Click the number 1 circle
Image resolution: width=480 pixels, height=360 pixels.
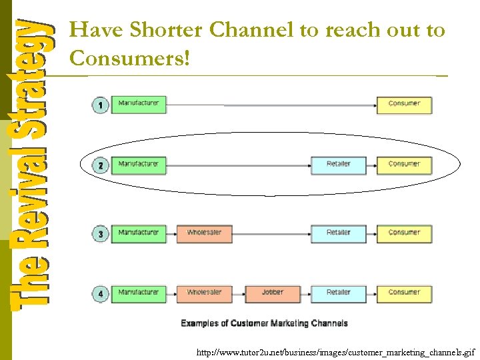[x=101, y=105]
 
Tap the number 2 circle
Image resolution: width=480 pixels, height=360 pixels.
[x=101, y=165]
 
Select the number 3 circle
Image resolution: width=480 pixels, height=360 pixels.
[x=101, y=234]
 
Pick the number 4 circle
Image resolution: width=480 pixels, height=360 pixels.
[x=101, y=293]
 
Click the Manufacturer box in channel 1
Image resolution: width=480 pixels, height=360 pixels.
[x=139, y=104]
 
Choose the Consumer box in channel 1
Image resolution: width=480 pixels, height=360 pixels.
[x=404, y=105]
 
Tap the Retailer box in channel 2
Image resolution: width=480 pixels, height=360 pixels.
[x=339, y=165]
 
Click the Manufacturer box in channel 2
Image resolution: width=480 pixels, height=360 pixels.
[x=139, y=164]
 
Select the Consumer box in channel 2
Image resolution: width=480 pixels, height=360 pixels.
[x=404, y=165]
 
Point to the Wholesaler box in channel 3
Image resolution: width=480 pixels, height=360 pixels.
[x=205, y=233]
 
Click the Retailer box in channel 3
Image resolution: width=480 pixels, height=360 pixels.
[x=339, y=233]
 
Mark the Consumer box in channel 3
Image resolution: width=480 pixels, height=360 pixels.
[x=404, y=233]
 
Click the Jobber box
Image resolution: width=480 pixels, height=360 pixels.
[x=273, y=293]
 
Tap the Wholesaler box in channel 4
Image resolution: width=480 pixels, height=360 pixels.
[x=205, y=293]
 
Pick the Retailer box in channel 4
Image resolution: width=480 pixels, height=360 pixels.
[x=339, y=293]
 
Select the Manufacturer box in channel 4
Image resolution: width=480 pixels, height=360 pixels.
[x=139, y=293]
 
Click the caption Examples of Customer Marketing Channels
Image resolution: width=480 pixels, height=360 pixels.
[x=264, y=323]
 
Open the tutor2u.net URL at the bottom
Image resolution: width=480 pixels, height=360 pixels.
[x=335, y=351]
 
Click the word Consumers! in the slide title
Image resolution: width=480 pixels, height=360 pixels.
[x=129, y=59]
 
